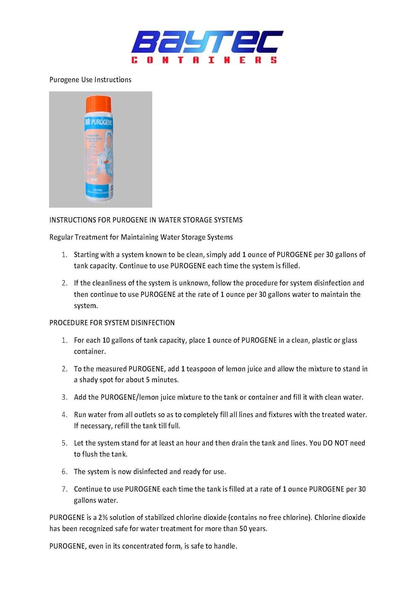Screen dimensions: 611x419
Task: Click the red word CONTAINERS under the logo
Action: click(x=204, y=60)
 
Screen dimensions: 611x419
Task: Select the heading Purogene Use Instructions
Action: click(x=90, y=80)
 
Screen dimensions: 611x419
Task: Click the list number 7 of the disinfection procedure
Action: click(x=64, y=489)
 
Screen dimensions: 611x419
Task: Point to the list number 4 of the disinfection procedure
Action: click(x=64, y=415)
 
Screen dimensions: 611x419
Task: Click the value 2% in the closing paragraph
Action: click(x=103, y=517)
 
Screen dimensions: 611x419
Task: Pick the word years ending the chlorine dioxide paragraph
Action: click(x=258, y=529)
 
